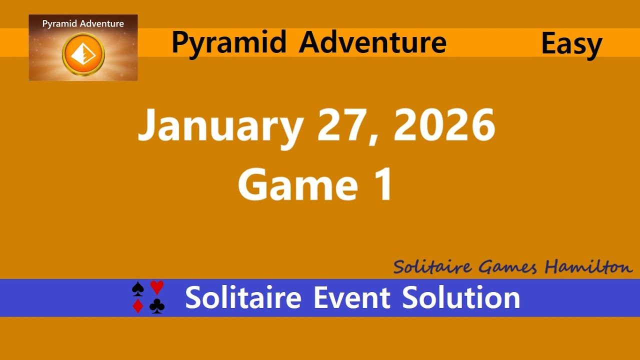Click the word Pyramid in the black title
tap(229, 43)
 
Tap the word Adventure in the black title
tap(372, 42)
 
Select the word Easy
tap(571, 44)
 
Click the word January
tap(219, 126)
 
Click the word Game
tap(297, 184)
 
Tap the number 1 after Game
tap(383, 184)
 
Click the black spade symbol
tap(138, 288)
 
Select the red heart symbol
tap(157, 287)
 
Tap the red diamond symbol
tap(138, 306)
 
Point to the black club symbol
tap(157, 306)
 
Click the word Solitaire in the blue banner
tap(243, 298)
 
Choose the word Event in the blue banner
tap(351, 298)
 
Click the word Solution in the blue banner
tap(461, 298)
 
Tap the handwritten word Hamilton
tap(588, 267)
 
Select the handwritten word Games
tap(507, 267)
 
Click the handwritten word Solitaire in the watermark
tap(432, 267)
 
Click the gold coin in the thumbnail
tap(83, 54)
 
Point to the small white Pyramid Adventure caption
tap(83, 23)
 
